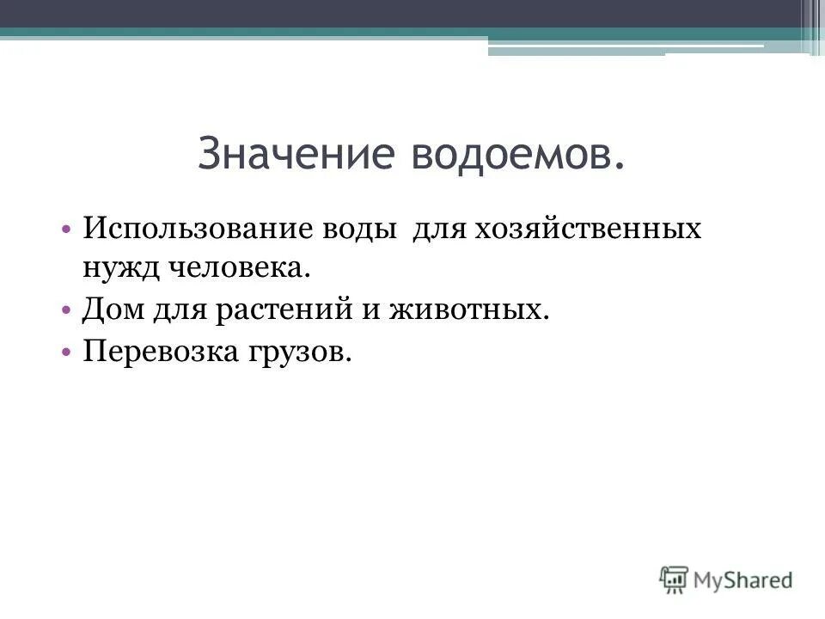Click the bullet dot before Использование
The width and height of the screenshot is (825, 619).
67,231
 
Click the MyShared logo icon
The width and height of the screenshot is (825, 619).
675,579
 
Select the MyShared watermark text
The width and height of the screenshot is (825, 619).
744,580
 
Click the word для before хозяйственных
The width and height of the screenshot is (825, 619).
438,230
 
